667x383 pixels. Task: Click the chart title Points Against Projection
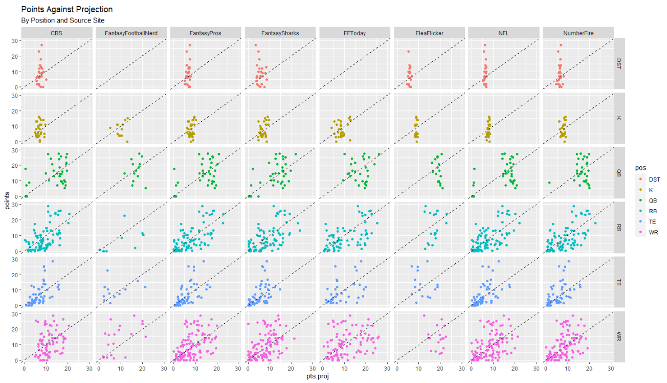point(67,10)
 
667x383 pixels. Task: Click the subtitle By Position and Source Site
point(63,20)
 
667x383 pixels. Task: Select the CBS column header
point(57,33)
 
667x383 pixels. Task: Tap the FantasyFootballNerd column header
point(131,33)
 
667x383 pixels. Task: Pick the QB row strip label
point(619,172)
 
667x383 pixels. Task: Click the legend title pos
point(638,167)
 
